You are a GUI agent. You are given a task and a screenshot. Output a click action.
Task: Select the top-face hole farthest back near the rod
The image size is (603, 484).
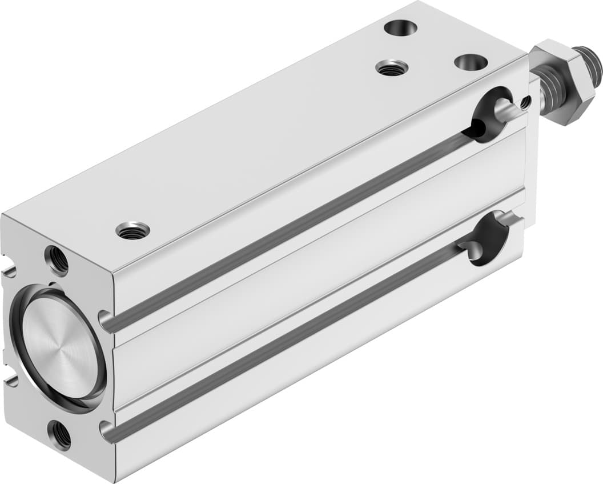click(400, 27)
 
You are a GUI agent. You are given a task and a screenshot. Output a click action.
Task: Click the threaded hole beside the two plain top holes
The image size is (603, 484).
click(392, 68)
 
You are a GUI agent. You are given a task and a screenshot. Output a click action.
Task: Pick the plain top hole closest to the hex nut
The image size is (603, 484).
click(471, 62)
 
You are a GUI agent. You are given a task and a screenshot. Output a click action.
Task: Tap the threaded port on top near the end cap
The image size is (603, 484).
click(132, 230)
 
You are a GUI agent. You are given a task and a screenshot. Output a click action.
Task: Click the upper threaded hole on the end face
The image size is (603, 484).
click(57, 260)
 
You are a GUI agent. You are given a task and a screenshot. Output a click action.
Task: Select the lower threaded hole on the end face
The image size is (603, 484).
click(59, 435)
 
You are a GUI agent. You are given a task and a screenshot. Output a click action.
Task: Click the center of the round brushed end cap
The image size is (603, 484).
click(60, 347)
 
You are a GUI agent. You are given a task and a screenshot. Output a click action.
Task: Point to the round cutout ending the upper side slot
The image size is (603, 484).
click(489, 114)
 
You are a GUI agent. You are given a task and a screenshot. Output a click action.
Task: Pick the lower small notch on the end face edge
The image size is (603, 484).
click(10, 379)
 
